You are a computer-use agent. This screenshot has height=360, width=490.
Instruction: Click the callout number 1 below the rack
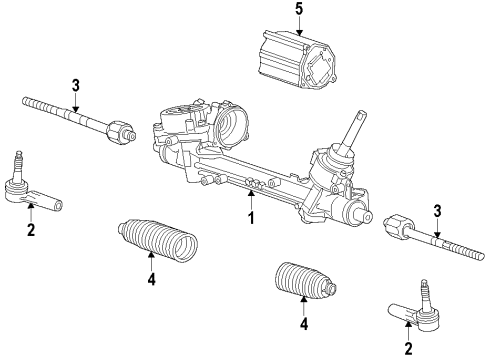pyautogui.click(x=252, y=217)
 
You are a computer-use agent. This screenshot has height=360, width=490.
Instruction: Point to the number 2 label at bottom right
pyautogui.click(x=407, y=348)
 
